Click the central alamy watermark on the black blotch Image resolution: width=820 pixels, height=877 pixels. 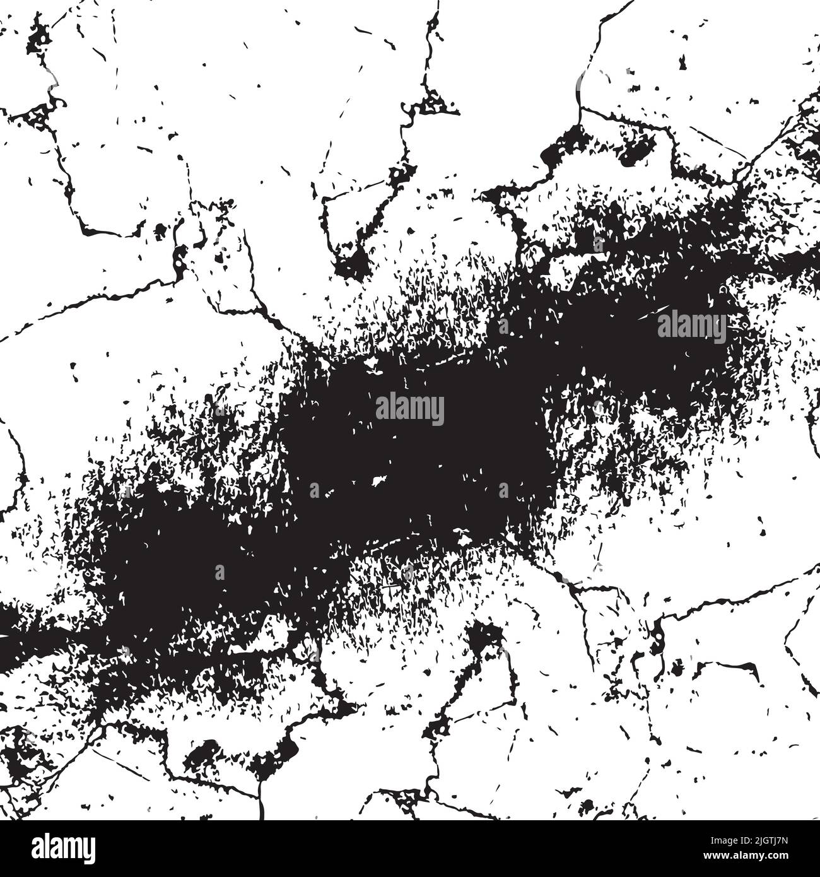[410, 409]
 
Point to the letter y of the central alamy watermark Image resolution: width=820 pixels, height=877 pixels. [438, 413]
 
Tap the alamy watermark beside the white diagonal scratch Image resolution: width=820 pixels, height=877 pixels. [692, 325]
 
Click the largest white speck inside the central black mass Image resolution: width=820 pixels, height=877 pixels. [380, 481]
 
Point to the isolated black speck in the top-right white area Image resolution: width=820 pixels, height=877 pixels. [682, 62]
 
